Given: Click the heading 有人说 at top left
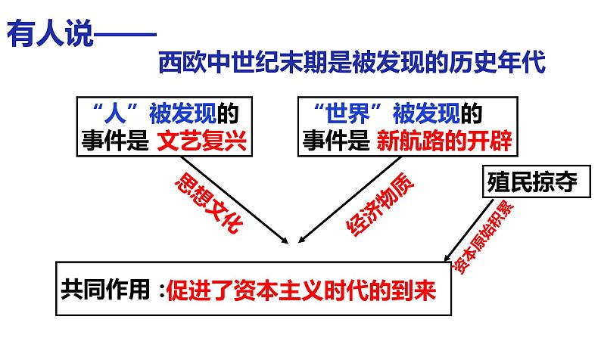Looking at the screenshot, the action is pyautogui.click(x=50, y=34).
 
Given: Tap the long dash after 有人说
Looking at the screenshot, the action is pyautogui.click(x=126, y=35).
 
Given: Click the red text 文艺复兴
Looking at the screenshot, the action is pyautogui.click(x=202, y=141).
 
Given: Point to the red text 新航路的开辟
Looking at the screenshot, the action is pyautogui.click(x=444, y=141).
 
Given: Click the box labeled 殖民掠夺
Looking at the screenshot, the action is pyautogui.click(x=536, y=182).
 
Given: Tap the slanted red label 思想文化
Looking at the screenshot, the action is pyautogui.click(x=209, y=202).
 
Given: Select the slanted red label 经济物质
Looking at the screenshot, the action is pyautogui.click(x=380, y=204).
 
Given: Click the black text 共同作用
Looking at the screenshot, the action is pyautogui.click(x=105, y=289).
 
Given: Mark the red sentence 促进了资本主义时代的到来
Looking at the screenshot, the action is pyautogui.click(x=302, y=290).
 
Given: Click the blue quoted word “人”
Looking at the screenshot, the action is pyautogui.click(x=115, y=113).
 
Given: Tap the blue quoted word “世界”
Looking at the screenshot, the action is pyautogui.click(x=347, y=113).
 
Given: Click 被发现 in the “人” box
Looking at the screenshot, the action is pyautogui.click(x=183, y=113).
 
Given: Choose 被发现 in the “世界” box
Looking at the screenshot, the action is pyautogui.click(x=426, y=113).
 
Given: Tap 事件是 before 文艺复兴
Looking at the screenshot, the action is pyautogui.click(x=115, y=141).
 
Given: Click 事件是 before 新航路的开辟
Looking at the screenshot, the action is pyautogui.click(x=336, y=141).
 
